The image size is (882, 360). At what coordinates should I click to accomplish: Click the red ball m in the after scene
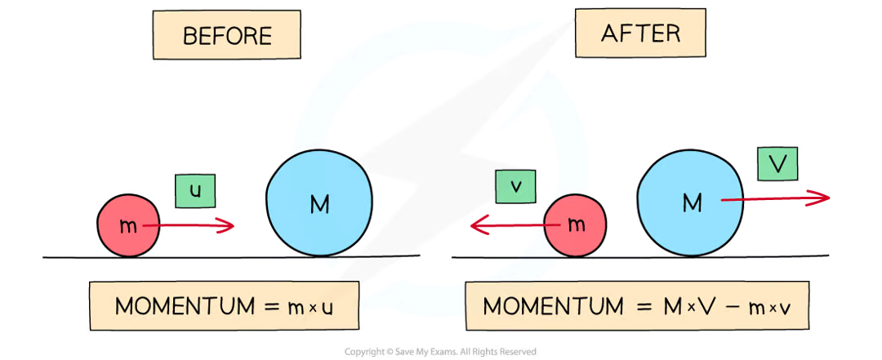pyautogui.click(x=576, y=224)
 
